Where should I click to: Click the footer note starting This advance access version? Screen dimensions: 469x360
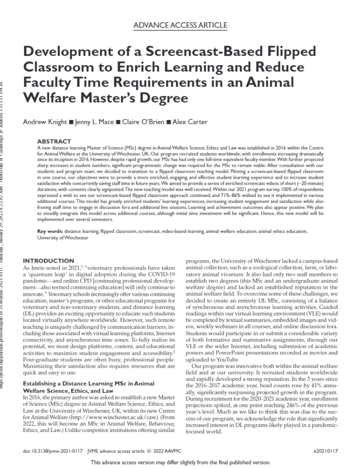181,463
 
